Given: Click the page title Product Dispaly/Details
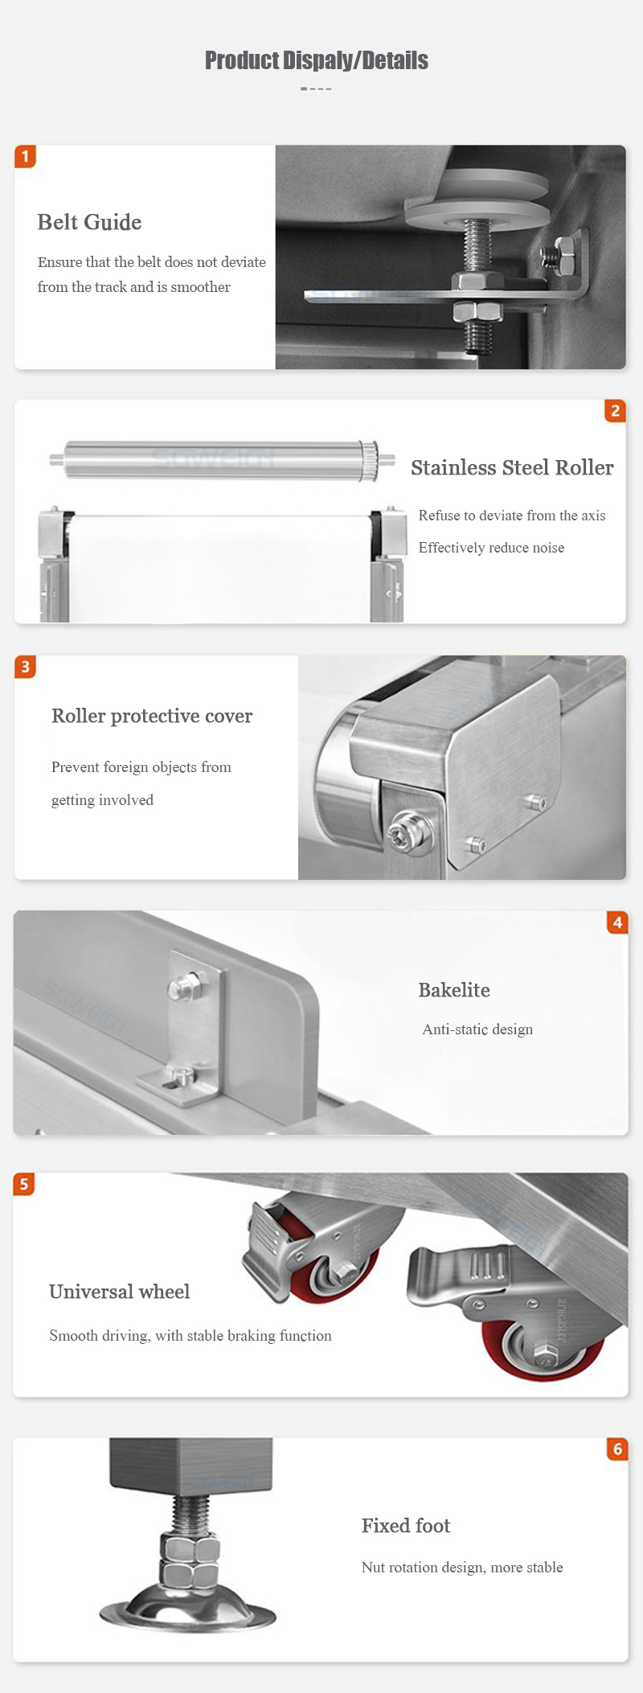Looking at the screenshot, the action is [x=317, y=60].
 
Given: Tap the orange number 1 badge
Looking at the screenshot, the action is [x=25, y=156].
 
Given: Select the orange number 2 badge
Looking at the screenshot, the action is [x=615, y=411].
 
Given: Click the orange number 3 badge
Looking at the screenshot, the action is [x=25, y=667].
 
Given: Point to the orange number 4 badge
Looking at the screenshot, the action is [x=617, y=923].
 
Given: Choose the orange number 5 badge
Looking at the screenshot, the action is [x=24, y=1184].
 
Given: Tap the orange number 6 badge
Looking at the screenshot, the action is [x=617, y=1449].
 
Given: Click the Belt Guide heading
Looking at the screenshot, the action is [x=89, y=222].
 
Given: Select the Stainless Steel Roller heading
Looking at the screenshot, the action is [x=512, y=467].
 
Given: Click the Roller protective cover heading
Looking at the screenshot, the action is [x=152, y=716].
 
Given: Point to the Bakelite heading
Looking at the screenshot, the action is [x=454, y=990].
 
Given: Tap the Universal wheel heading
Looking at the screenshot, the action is [x=119, y=1292].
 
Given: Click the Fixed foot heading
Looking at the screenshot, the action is [x=406, y=1526].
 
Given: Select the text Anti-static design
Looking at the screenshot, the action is [x=477, y=1029].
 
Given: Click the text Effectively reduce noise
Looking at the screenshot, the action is [x=491, y=548].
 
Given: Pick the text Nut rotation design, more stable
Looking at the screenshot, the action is [x=462, y=1568].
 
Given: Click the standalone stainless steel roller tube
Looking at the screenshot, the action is [x=222, y=460].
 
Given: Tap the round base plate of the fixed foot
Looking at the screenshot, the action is [x=187, y=1612].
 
